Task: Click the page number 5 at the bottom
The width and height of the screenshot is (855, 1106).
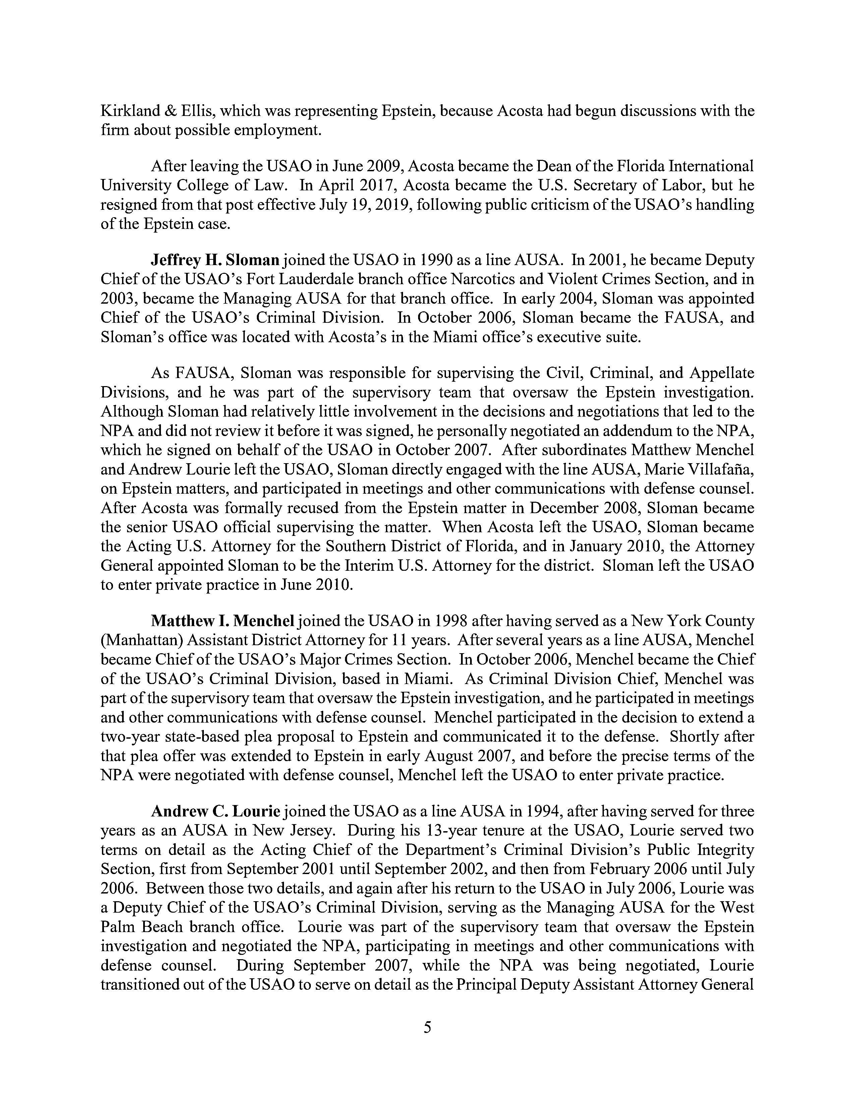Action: (x=427, y=1027)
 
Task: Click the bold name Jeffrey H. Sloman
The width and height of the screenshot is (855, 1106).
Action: (x=215, y=260)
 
